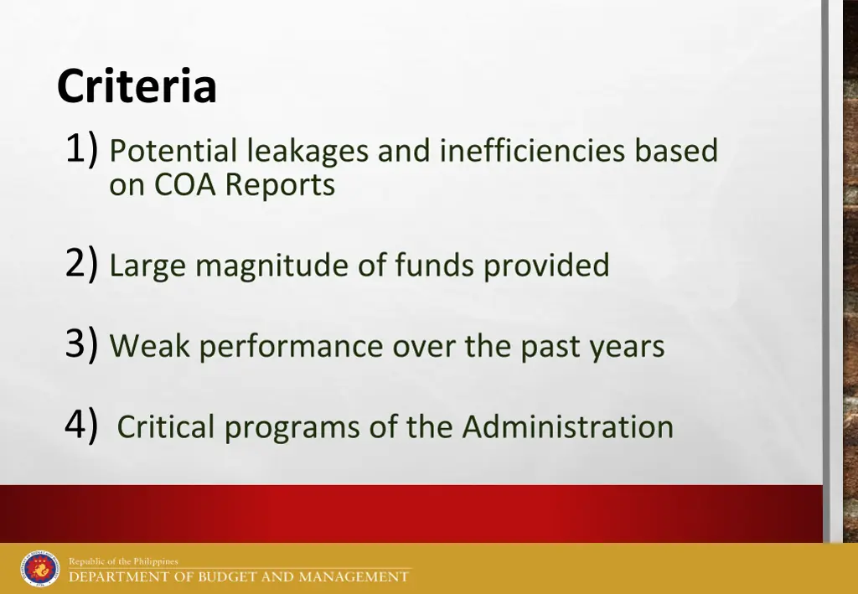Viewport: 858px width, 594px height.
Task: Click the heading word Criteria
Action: [137, 86]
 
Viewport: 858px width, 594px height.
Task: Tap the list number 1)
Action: [83, 150]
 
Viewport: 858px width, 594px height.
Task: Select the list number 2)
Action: [83, 264]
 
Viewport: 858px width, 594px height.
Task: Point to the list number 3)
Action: [83, 344]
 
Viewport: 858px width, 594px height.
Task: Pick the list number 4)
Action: [83, 425]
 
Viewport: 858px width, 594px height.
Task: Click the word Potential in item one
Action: [173, 152]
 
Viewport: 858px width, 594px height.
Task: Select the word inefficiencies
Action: [533, 151]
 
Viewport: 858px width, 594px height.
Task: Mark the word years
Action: [626, 346]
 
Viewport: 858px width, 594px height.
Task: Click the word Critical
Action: [166, 426]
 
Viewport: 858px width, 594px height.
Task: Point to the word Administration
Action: [567, 426]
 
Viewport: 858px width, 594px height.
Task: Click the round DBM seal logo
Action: [40, 569]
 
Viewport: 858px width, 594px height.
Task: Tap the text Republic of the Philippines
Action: [123, 561]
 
